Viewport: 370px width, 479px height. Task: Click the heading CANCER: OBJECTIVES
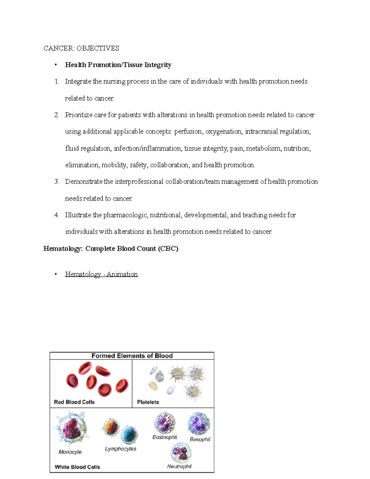[81, 48]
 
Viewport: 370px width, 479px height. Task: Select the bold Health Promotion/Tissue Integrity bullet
[118, 65]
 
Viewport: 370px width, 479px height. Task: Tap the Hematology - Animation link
[101, 274]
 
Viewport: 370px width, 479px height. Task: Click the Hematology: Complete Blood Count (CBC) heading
[111, 249]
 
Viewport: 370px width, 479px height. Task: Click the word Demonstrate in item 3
[84, 182]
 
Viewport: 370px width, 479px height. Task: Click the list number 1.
[56, 82]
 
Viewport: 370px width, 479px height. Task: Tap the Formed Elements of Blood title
[132, 356]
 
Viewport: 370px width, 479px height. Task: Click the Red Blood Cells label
[74, 402]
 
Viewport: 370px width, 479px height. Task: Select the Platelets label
[148, 402]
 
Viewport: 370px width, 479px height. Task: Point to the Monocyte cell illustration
[72, 429]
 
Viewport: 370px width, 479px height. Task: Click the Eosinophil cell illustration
[165, 423]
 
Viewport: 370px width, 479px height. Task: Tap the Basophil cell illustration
[199, 424]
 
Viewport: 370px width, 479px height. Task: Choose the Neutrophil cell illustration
[181, 453]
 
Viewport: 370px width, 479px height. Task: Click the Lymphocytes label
[120, 449]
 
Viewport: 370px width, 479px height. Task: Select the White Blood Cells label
[77, 467]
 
